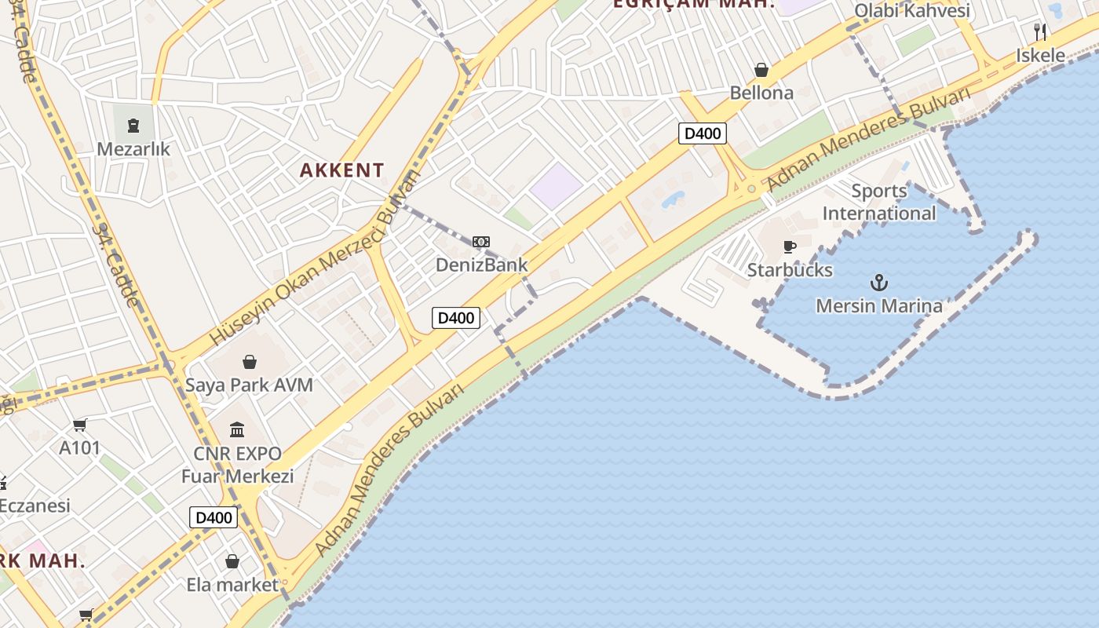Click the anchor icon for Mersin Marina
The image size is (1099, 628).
pos(878,282)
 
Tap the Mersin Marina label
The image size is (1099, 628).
pos(878,305)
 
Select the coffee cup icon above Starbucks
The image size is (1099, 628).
pos(790,247)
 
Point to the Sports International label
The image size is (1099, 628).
pos(879,202)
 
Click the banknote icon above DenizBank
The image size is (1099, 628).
pos(481,242)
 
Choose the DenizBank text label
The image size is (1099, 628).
pos(482,265)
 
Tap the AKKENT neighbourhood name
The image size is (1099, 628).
pos(342,170)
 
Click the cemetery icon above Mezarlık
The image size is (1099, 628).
pos(133,125)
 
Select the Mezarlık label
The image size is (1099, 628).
pos(133,148)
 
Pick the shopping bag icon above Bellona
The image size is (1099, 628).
pos(761,70)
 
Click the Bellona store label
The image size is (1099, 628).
pos(761,93)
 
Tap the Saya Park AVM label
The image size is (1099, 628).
pos(249,385)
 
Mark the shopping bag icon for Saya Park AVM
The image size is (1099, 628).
pos(250,362)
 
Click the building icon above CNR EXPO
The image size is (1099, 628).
pos(237,429)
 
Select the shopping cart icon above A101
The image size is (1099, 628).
pos(79,425)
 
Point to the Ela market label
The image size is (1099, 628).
pos(232,584)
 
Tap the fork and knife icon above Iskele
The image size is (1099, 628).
pos(1040,32)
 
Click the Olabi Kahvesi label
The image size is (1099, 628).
pos(912,10)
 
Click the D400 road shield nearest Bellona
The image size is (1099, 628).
pos(702,133)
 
